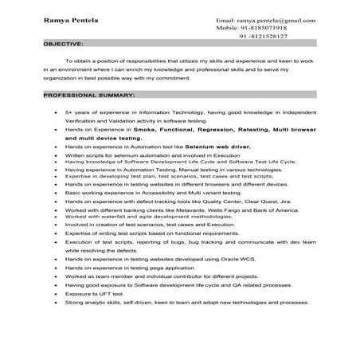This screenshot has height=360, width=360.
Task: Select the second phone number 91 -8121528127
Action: (264, 37)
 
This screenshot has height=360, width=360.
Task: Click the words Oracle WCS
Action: (224, 259)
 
